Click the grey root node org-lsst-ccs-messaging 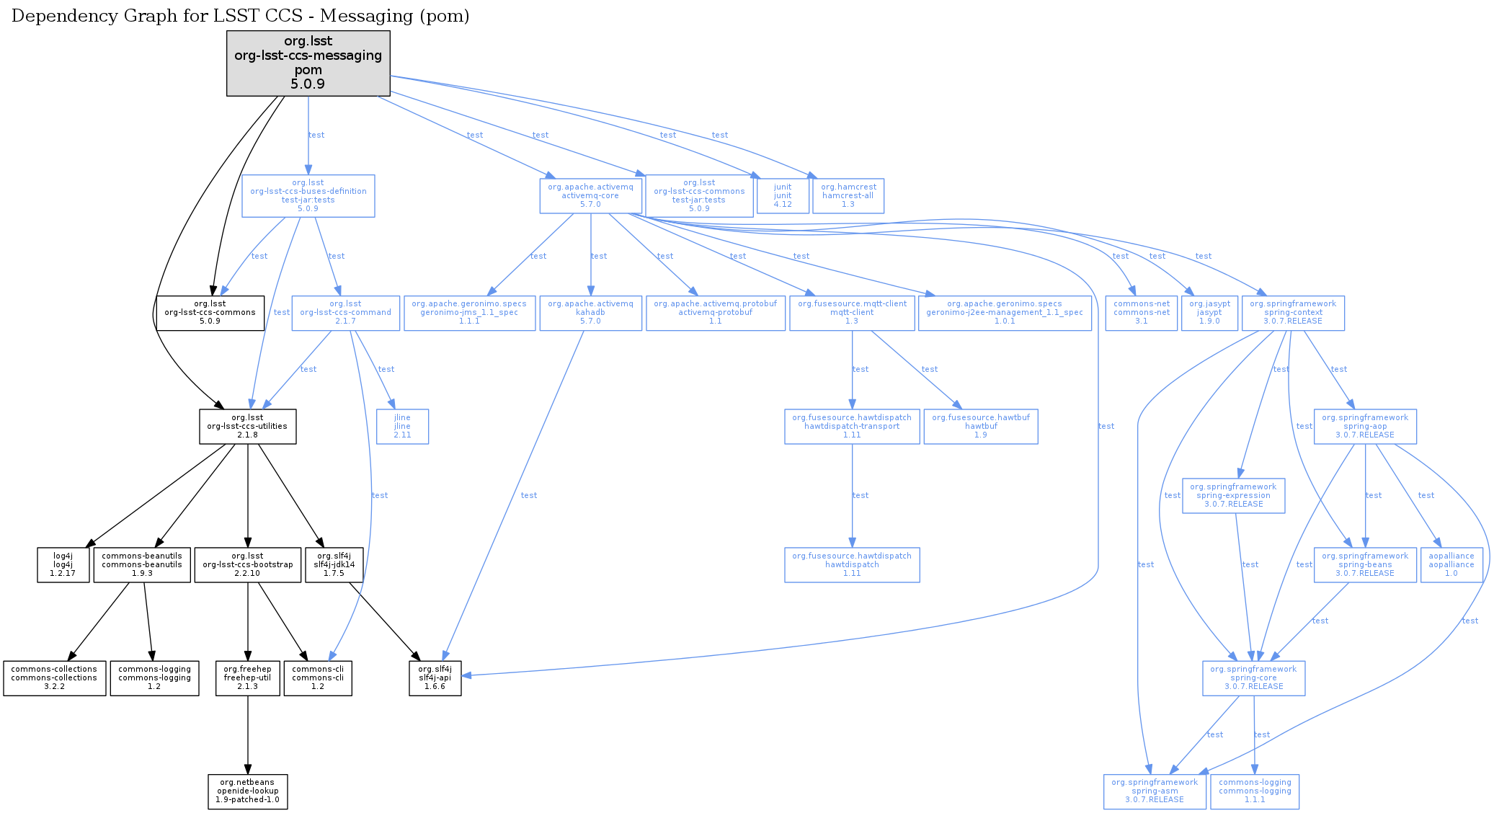click(308, 63)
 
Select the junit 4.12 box click(782, 195)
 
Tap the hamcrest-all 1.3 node click(848, 195)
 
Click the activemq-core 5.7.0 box click(590, 195)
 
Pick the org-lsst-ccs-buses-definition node click(308, 195)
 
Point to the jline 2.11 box click(402, 426)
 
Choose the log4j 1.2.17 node click(63, 564)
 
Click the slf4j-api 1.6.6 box click(435, 677)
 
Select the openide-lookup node click(247, 791)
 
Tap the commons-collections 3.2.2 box click(54, 677)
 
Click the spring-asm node click(1154, 791)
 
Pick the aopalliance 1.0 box click(1451, 564)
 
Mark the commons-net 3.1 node click(1141, 312)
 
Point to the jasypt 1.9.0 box click(1209, 312)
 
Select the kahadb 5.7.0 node click(590, 312)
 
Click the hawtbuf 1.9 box click(980, 426)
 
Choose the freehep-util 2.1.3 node click(247, 677)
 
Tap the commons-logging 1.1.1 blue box click(1254, 791)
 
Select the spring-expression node click(1233, 495)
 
